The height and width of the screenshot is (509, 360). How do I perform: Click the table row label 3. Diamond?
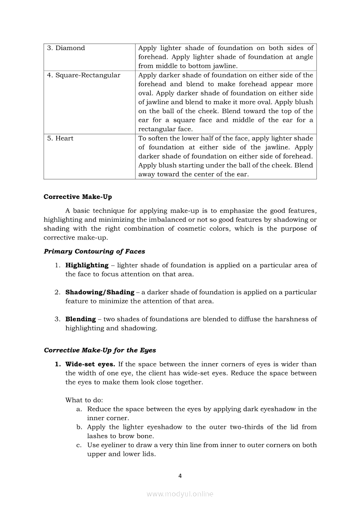click(x=66, y=48)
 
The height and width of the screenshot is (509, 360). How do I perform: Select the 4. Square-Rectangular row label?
click(x=83, y=75)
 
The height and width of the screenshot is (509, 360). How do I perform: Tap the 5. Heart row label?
click(x=60, y=138)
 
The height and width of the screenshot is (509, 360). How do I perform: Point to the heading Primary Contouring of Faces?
click(x=94, y=251)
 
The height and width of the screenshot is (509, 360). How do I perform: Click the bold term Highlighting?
click(x=87, y=265)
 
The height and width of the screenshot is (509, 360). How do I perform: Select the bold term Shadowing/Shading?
click(x=100, y=292)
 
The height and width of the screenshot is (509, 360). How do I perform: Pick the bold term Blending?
click(x=81, y=319)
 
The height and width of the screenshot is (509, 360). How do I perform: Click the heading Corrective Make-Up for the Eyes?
click(x=100, y=350)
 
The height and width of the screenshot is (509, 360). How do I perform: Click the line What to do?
click(x=84, y=400)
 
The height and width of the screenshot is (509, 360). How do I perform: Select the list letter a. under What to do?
click(x=79, y=409)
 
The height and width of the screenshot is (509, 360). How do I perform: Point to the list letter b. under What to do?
click(x=79, y=427)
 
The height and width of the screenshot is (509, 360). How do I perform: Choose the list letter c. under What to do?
click(x=79, y=445)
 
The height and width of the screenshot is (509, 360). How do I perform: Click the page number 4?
click(x=180, y=475)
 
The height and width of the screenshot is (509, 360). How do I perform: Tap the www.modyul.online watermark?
click(x=180, y=494)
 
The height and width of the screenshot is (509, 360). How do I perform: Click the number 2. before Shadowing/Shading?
click(x=57, y=292)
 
